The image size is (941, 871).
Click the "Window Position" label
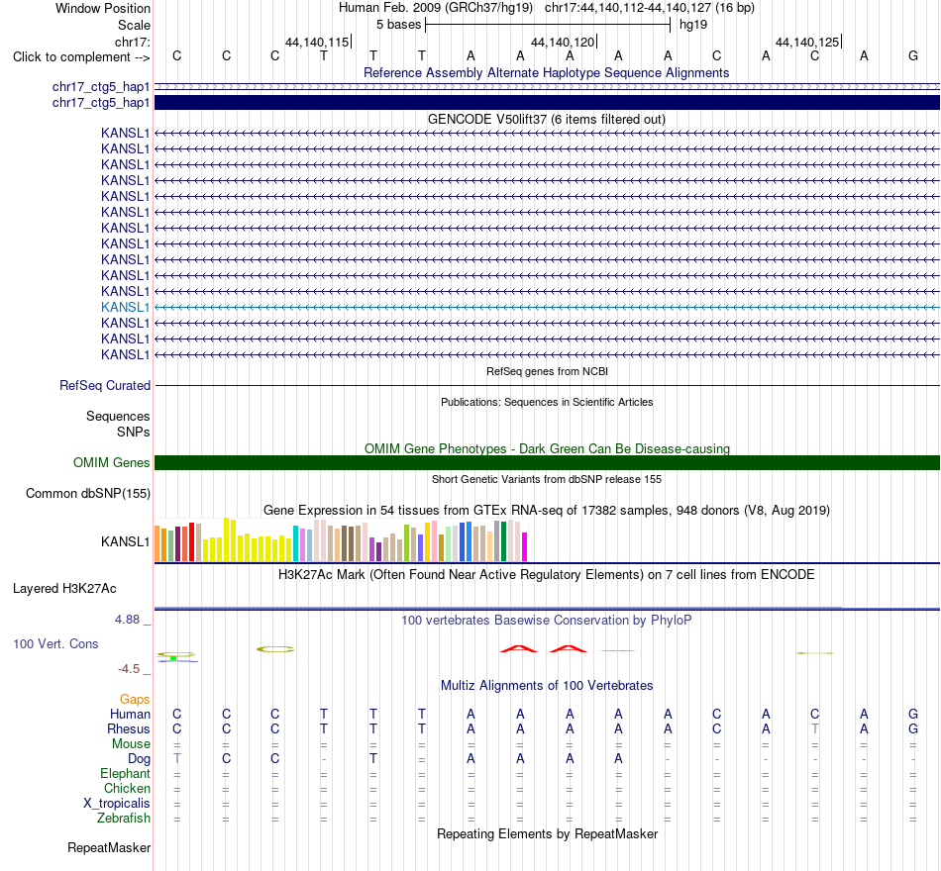click(103, 8)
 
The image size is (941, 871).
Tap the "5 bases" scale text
click(398, 25)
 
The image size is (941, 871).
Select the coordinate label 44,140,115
click(317, 42)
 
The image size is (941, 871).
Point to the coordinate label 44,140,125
click(807, 42)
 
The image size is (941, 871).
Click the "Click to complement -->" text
click(81, 57)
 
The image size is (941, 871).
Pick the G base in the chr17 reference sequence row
click(913, 55)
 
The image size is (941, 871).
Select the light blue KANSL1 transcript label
click(125, 307)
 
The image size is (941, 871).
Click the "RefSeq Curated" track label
click(104, 386)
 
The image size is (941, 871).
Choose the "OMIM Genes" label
click(112, 462)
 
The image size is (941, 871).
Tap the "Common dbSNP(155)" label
click(87, 494)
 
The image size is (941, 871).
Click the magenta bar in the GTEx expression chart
click(524, 546)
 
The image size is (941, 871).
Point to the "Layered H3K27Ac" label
click(64, 589)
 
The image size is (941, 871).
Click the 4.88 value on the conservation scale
click(127, 619)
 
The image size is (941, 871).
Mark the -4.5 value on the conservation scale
click(129, 669)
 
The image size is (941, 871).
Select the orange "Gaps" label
click(135, 699)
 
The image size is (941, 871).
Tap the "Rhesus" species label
click(129, 728)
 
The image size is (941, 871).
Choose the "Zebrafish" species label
click(124, 818)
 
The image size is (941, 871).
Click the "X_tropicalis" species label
click(117, 804)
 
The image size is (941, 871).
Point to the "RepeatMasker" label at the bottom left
click(109, 847)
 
